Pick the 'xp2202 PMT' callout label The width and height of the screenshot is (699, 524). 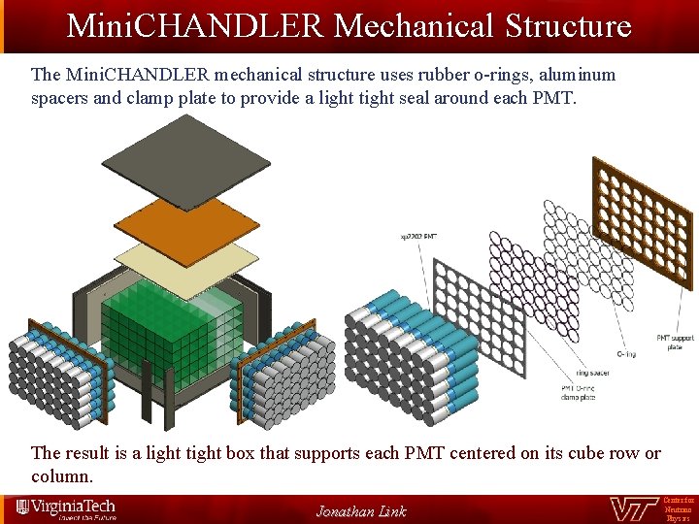pyautogui.click(x=418, y=236)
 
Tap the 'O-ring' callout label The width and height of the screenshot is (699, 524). pyautogui.click(x=626, y=354)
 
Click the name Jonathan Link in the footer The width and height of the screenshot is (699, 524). pyautogui.click(x=361, y=511)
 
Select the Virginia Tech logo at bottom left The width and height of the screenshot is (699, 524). pyautogui.click(x=66, y=508)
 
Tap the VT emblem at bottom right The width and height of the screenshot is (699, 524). pyautogui.click(x=634, y=509)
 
